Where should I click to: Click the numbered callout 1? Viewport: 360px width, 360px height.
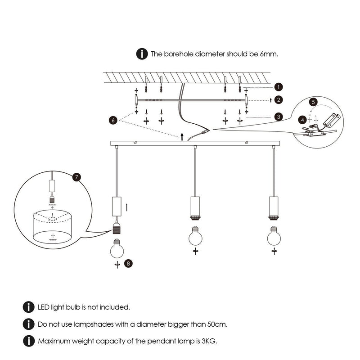coord(279,86)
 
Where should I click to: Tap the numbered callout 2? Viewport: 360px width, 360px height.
coord(279,99)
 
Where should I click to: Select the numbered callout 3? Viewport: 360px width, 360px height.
coord(279,117)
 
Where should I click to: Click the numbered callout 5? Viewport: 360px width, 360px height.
coord(314,102)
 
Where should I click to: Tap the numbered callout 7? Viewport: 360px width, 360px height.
coord(78,177)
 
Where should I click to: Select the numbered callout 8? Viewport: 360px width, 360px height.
coord(129,264)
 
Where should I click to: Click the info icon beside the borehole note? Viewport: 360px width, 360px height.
coord(142,54)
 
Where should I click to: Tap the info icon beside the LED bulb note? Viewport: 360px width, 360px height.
coord(28,307)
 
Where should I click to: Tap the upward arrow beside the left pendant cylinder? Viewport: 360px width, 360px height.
coord(128,207)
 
